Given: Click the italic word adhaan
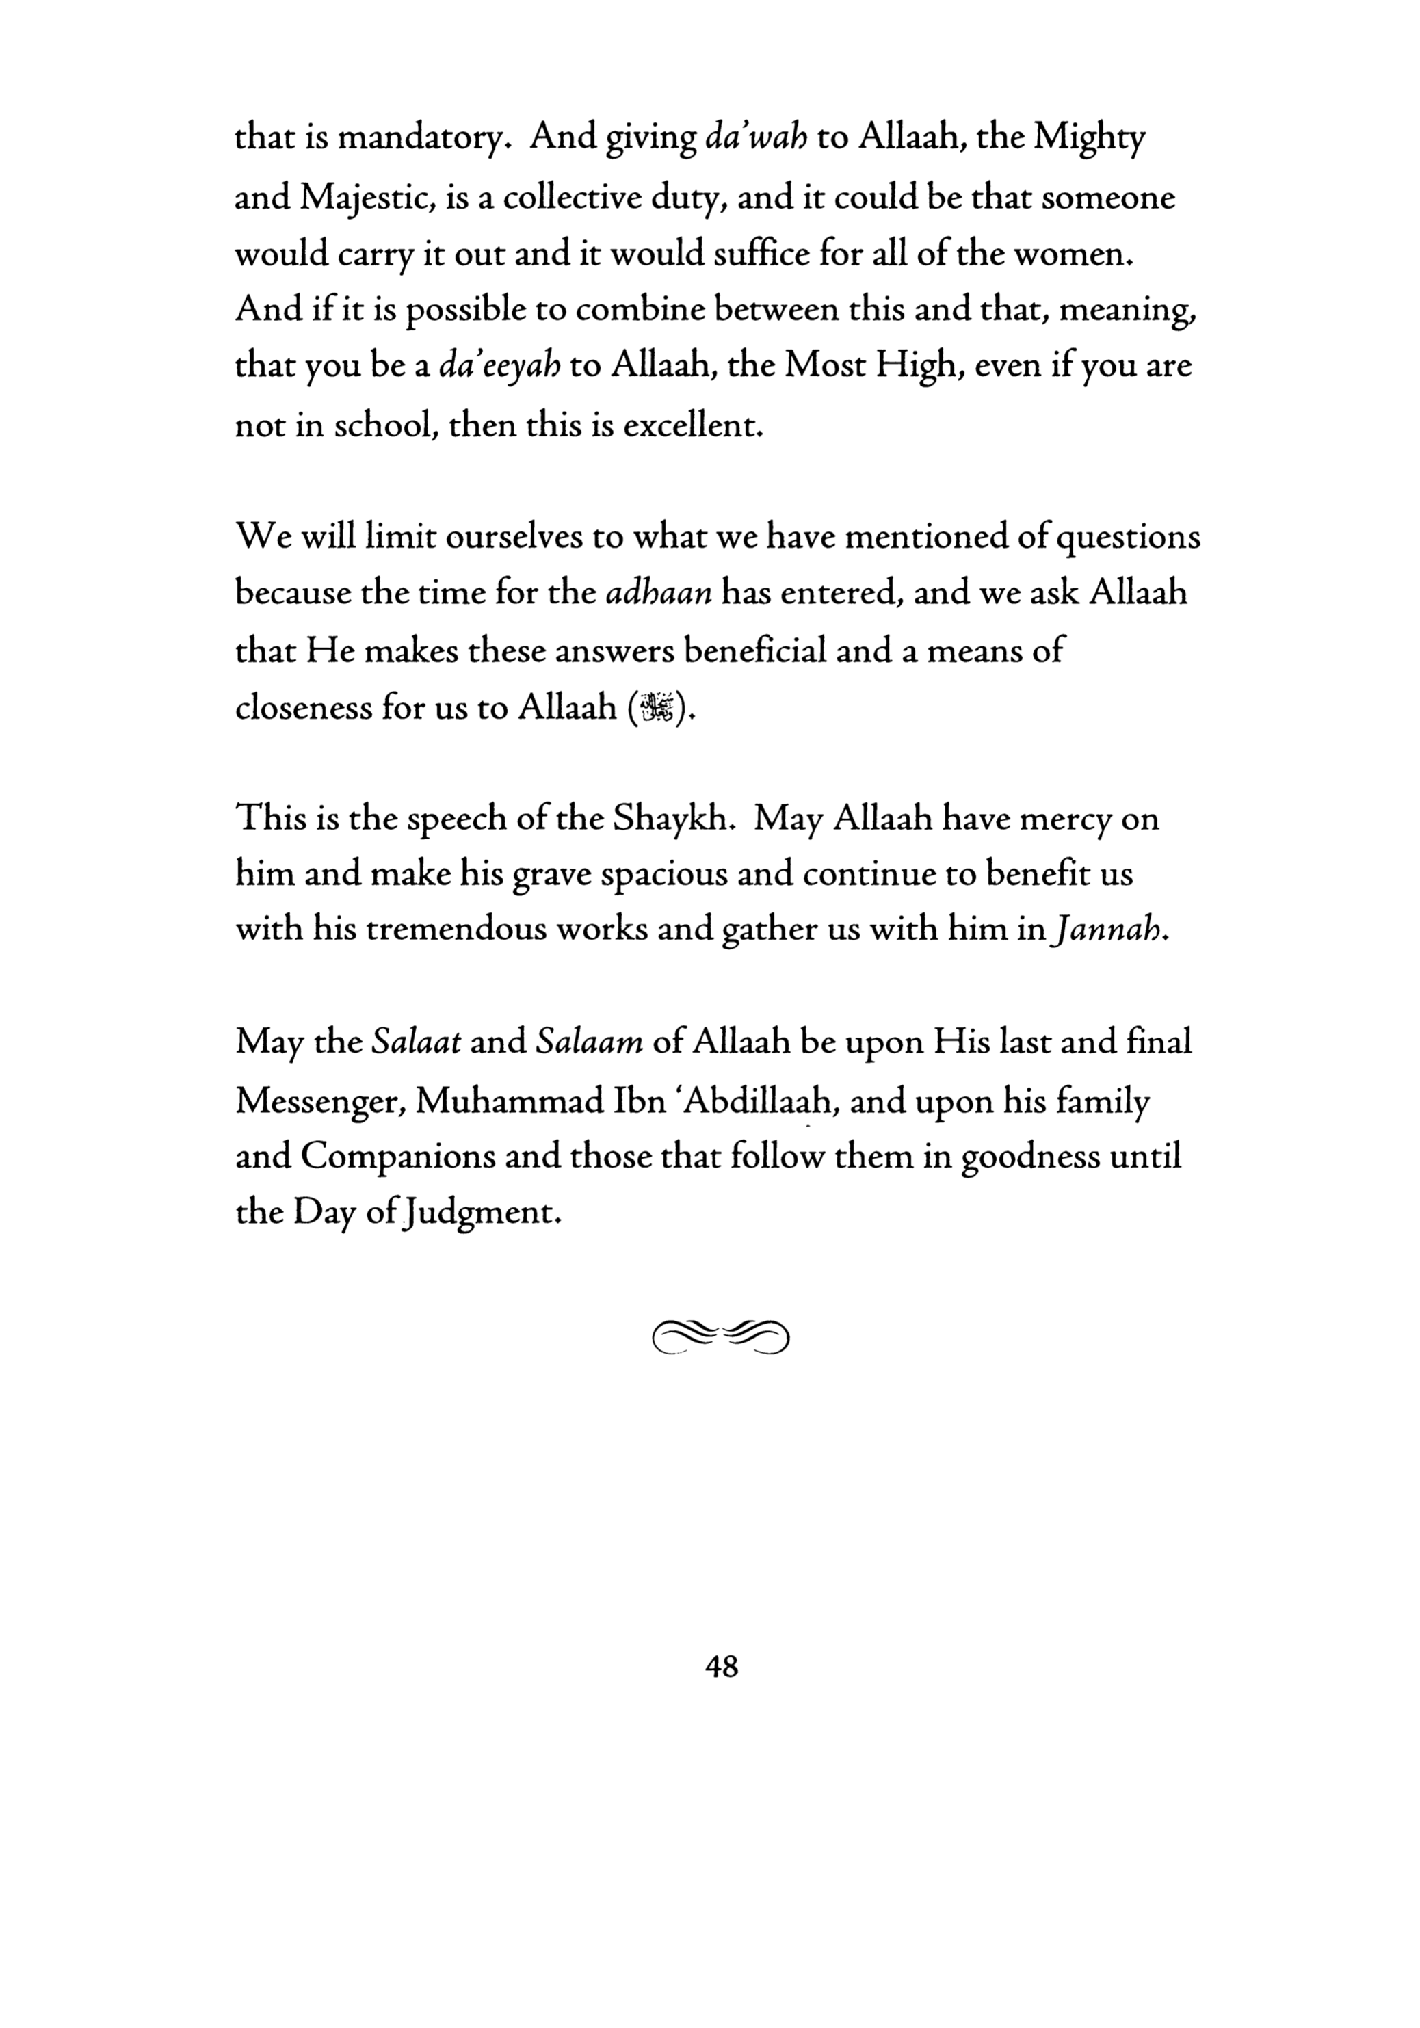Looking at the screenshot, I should tap(659, 592).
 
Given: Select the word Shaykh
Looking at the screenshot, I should tap(674, 819).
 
